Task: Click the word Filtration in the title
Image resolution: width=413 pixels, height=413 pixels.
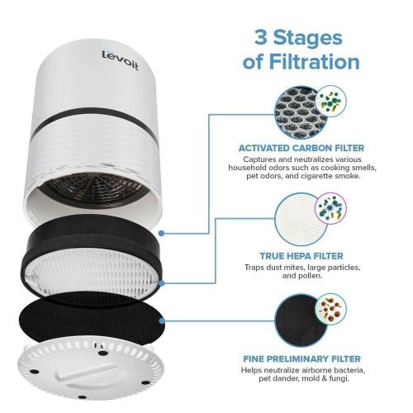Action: coord(312,63)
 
